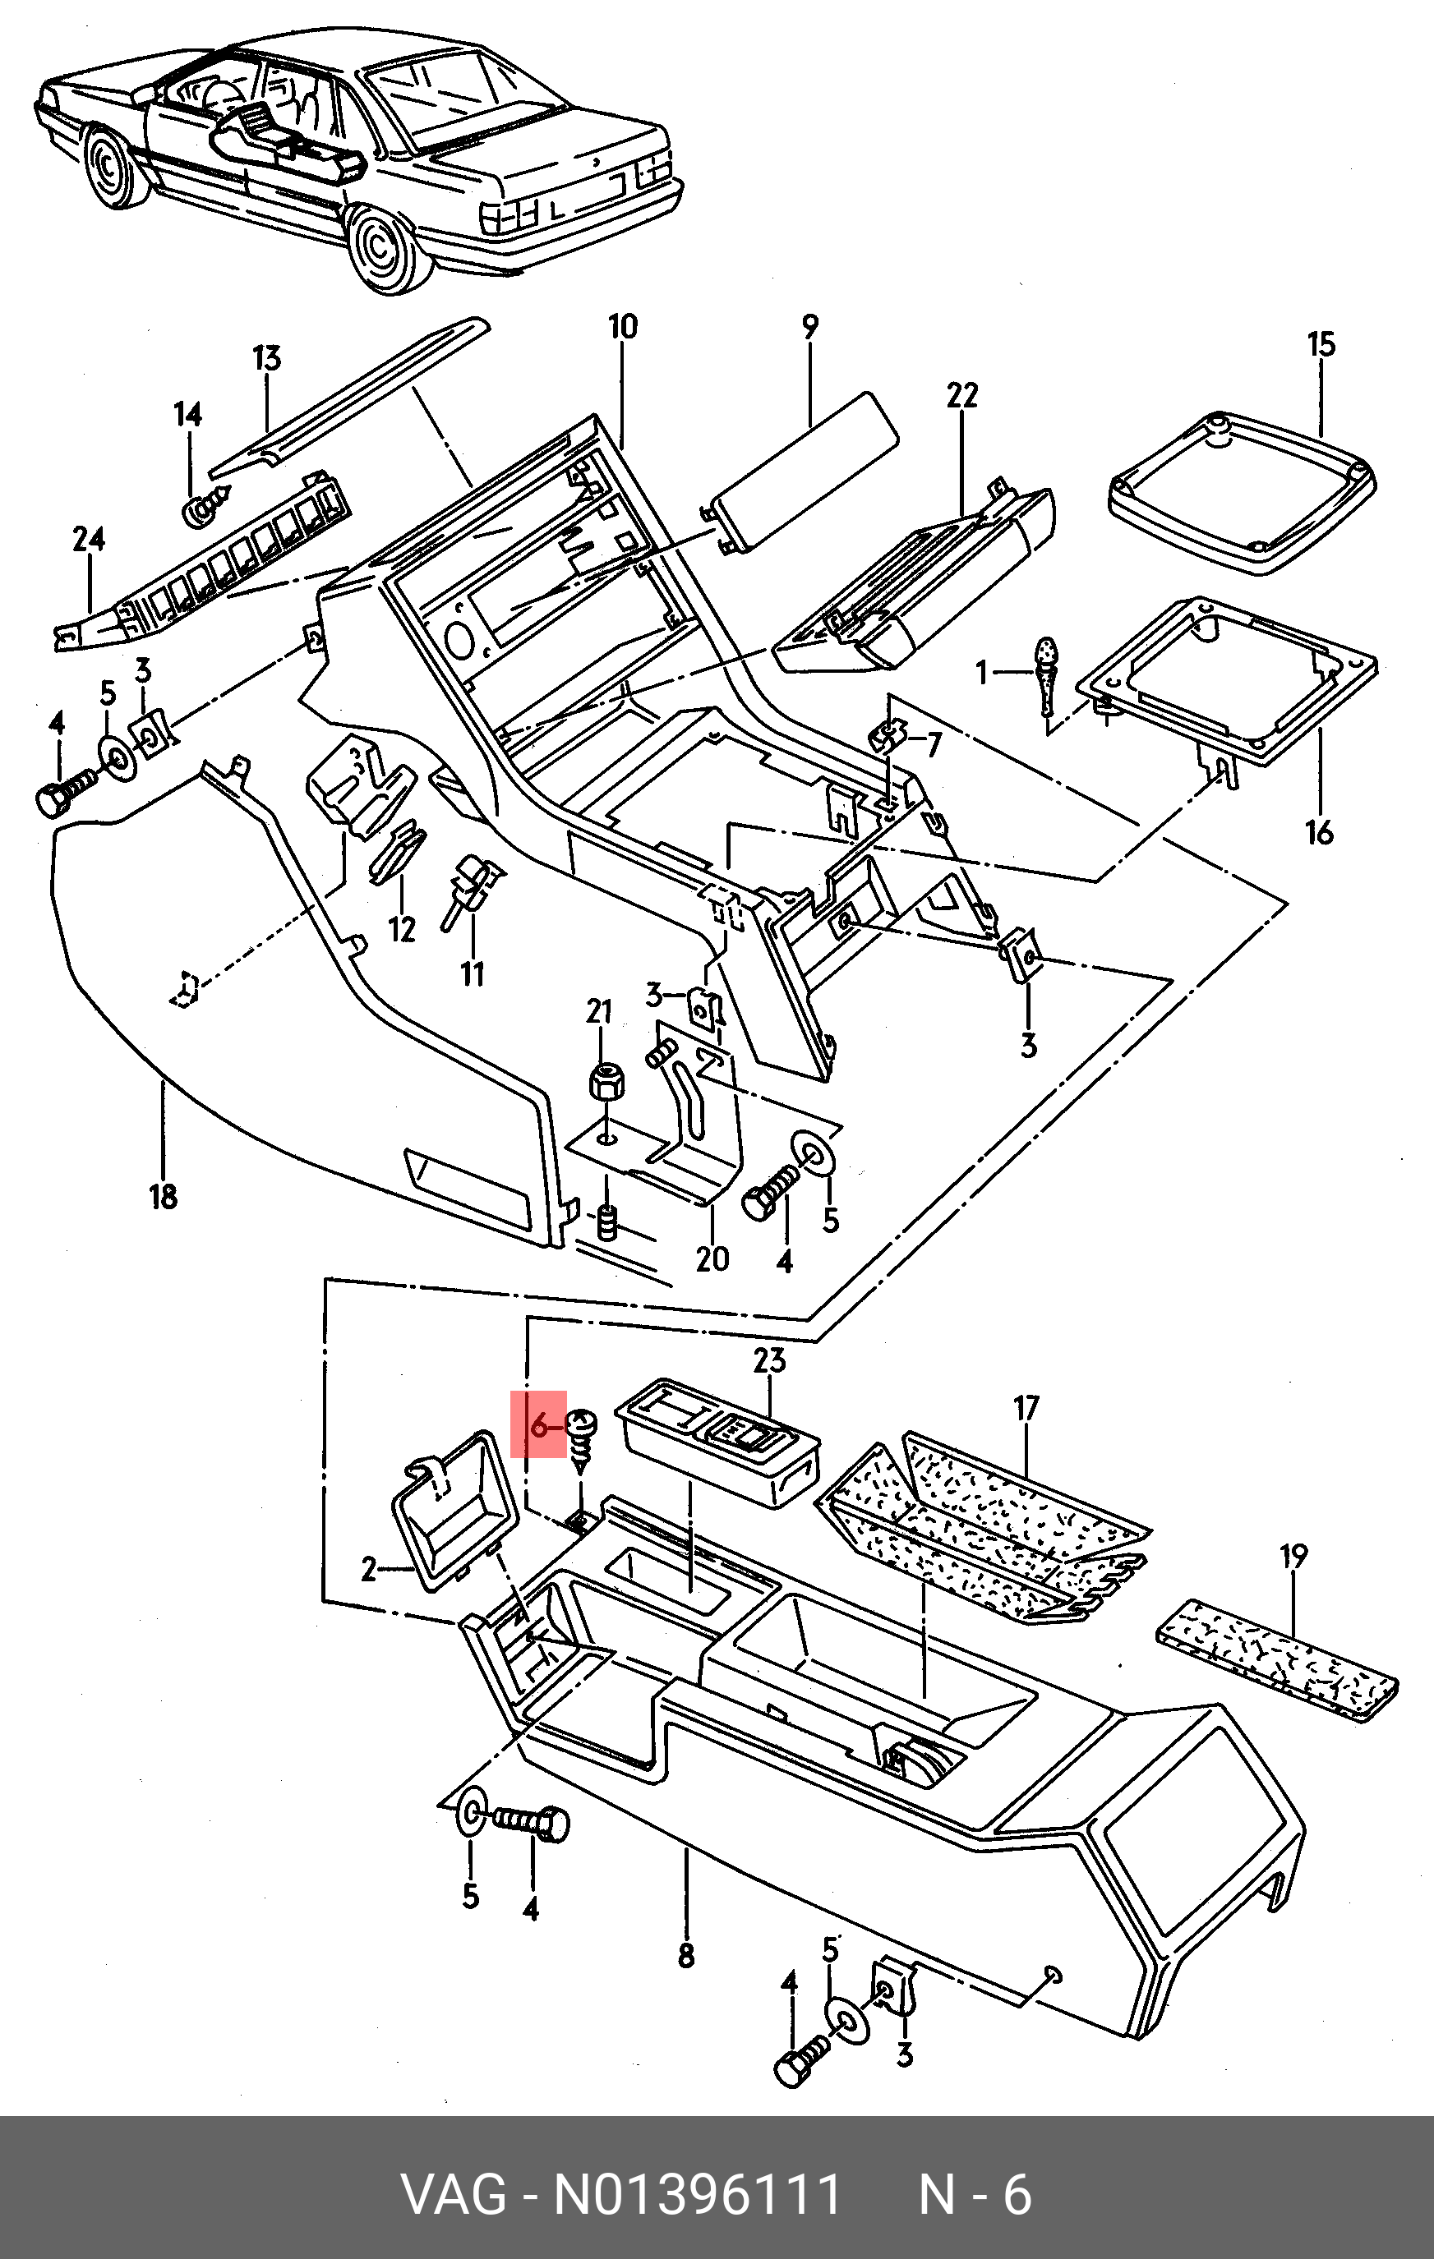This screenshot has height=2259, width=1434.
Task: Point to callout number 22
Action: (962, 395)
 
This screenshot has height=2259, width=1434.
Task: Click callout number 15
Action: (1321, 344)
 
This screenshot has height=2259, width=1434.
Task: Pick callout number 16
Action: (1320, 831)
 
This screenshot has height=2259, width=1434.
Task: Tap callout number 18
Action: (164, 1196)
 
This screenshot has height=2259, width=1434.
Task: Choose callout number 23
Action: (769, 1360)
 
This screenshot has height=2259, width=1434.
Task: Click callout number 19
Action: (1293, 1557)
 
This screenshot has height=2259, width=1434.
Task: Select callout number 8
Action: (686, 1955)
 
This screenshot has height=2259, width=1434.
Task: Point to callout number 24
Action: (89, 540)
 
